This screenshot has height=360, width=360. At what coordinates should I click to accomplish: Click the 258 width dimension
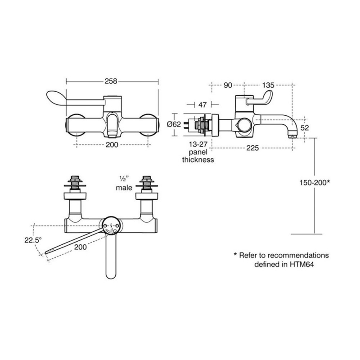(111, 81)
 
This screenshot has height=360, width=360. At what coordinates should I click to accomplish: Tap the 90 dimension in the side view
(228, 85)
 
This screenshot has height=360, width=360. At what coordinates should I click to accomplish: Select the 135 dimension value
(268, 85)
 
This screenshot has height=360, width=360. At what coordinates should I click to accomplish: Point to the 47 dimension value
(202, 105)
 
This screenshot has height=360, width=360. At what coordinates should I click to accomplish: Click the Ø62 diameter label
(174, 124)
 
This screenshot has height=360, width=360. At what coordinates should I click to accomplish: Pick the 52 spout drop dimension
(305, 128)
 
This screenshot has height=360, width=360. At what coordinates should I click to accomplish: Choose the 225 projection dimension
(252, 148)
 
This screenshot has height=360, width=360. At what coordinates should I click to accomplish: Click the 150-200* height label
(315, 183)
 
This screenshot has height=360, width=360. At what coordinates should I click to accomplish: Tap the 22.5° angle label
(33, 240)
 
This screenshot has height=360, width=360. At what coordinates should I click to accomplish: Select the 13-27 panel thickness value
(198, 144)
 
